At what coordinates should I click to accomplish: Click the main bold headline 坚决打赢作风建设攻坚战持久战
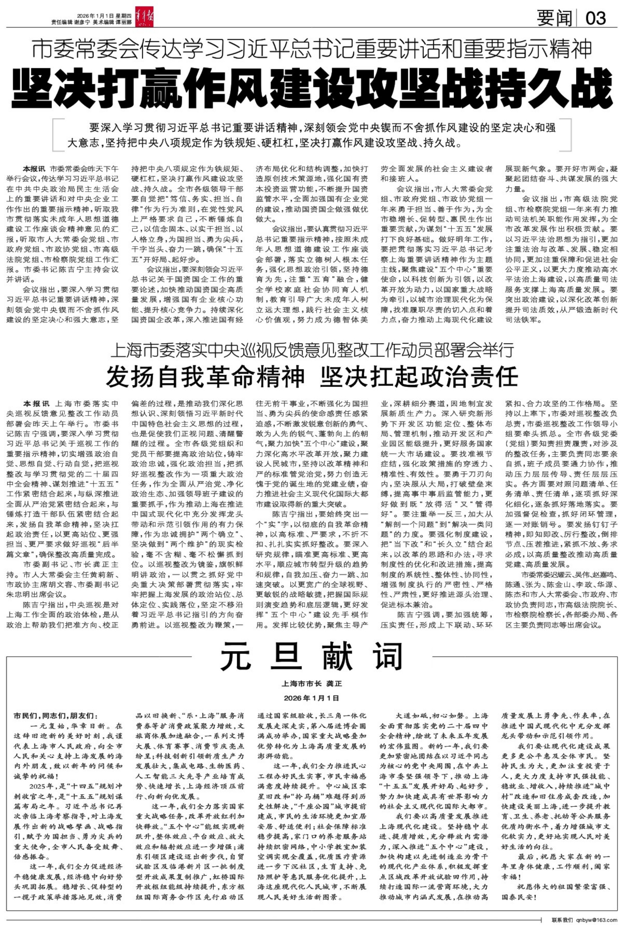[312, 86]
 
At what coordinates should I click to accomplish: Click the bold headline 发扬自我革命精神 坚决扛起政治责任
[312, 376]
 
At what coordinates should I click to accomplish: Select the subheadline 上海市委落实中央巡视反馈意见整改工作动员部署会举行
[312, 350]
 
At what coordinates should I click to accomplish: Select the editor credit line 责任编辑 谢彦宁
[71, 23]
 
